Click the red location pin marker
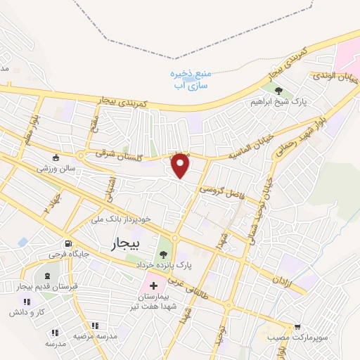pos(181,165)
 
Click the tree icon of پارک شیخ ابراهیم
pos(279,91)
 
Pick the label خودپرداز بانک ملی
pos(121,219)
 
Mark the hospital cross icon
pos(153,286)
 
